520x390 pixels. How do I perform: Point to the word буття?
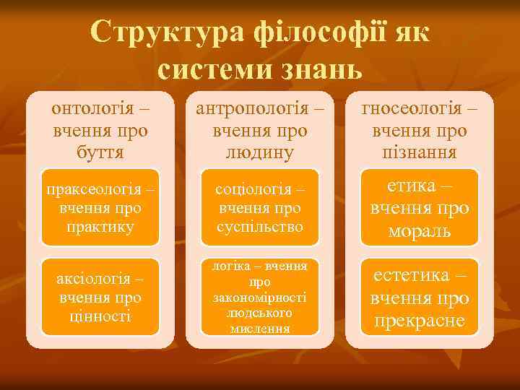click(100, 152)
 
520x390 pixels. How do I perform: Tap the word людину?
click(259, 152)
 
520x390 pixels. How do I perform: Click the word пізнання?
click(420, 152)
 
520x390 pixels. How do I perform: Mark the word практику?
click(100, 227)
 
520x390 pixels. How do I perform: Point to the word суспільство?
click(259, 227)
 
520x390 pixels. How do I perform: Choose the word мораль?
click(420, 231)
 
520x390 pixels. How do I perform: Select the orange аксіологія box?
click(100, 297)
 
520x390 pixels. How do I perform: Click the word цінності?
click(100, 316)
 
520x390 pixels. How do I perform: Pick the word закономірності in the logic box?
click(259, 298)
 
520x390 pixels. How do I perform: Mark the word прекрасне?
click(420, 321)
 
